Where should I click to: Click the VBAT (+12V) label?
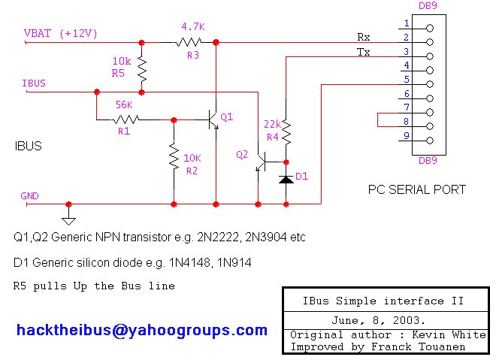tap(61, 34)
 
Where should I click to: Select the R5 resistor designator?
tap(118, 73)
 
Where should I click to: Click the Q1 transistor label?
tap(227, 116)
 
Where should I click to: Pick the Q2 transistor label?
tap(242, 154)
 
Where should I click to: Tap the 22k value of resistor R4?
tap(271, 123)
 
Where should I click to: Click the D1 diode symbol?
tap(286, 179)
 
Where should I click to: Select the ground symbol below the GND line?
tap(68, 219)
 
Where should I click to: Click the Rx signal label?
tap(363, 35)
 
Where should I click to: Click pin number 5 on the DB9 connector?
tap(407, 79)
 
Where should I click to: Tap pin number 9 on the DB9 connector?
tap(407, 136)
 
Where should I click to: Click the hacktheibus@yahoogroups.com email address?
tap(141, 330)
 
